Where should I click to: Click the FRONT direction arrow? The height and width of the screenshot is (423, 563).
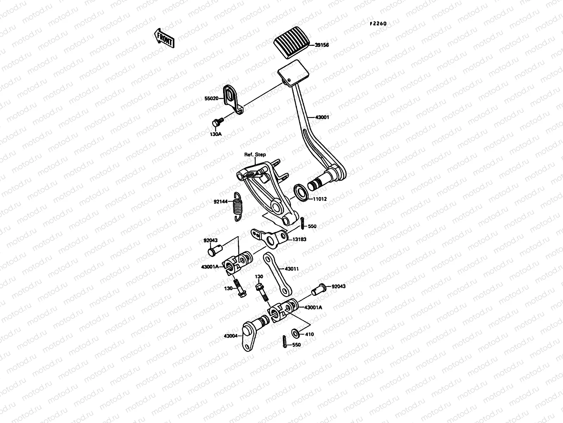click(164, 38)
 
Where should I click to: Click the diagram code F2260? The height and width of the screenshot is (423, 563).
click(378, 24)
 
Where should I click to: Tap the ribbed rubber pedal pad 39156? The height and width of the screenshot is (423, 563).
click(291, 45)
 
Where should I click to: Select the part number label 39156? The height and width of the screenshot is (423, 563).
click(322, 45)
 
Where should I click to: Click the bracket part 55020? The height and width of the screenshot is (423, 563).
click(232, 99)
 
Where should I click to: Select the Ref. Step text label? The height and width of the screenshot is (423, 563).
click(255, 155)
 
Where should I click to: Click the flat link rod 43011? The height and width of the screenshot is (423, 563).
click(278, 273)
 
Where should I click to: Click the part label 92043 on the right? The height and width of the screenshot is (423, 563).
click(338, 287)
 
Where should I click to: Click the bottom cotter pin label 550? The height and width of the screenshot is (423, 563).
click(296, 345)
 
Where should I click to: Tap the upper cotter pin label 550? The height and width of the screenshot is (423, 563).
click(312, 226)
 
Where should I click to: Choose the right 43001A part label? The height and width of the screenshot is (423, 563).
click(313, 307)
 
